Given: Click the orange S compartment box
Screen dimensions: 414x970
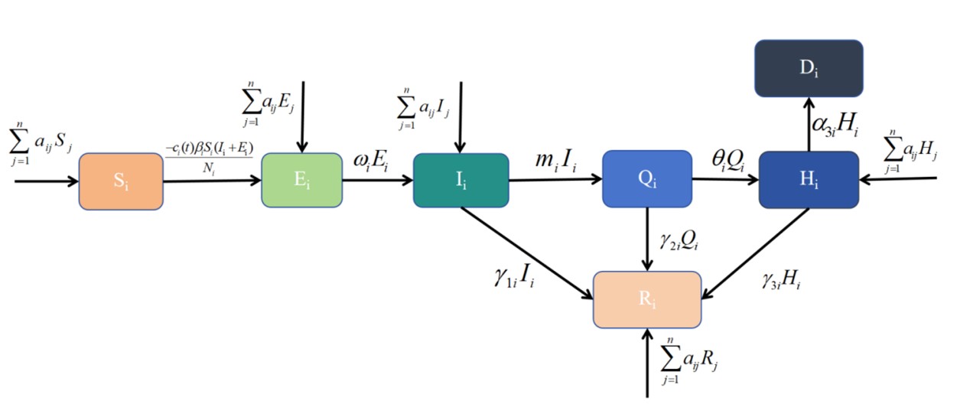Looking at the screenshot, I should point(121,181).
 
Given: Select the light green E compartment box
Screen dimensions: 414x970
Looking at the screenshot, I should point(301,180).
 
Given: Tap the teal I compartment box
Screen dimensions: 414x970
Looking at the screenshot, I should point(461,180).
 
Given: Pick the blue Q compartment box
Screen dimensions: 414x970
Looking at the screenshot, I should point(646,179).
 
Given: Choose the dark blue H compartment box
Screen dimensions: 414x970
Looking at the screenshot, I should point(809,179).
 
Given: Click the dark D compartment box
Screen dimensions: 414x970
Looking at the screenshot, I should point(809,68).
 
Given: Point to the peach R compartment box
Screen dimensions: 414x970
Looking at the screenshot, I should point(647,299).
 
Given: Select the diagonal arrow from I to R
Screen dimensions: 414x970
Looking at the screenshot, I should point(528,252).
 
